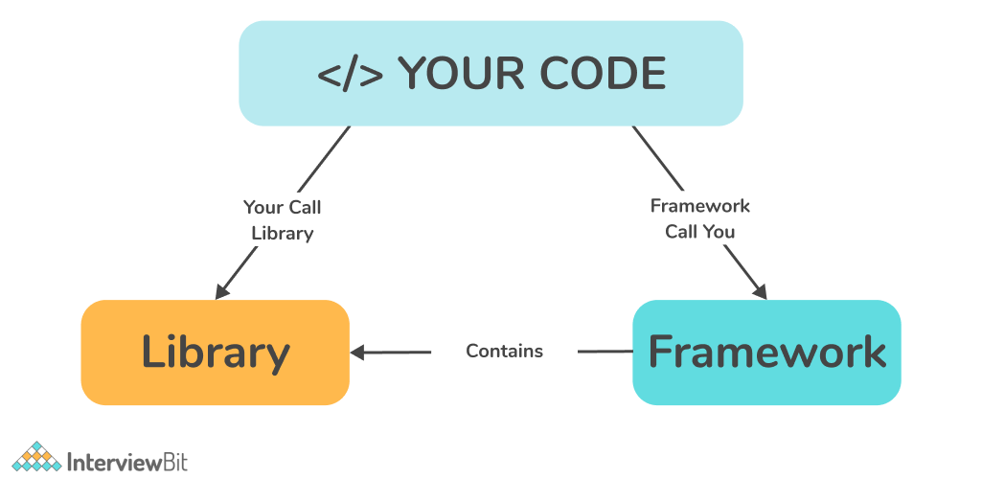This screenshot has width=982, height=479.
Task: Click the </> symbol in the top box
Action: pyautogui.click(x=351, y=75)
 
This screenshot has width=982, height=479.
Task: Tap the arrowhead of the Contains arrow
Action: pyautogui.click(x=358, y=353)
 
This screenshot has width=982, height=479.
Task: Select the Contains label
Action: pyautogui.click(x=504, y=352)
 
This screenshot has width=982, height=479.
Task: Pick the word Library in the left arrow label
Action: pyautogui.click(x=282, y=233)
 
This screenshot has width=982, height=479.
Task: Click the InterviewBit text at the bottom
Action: pyautogui.click(x=127, y=461)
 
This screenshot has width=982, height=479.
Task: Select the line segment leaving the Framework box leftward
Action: pyautogui.click(x=605, y=352)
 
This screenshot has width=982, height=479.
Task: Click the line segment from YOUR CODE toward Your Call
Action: pyautogui.click(x=323, y=159)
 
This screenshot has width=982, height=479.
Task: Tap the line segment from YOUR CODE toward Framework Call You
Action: pyautogui.click(x=657, y=157)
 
